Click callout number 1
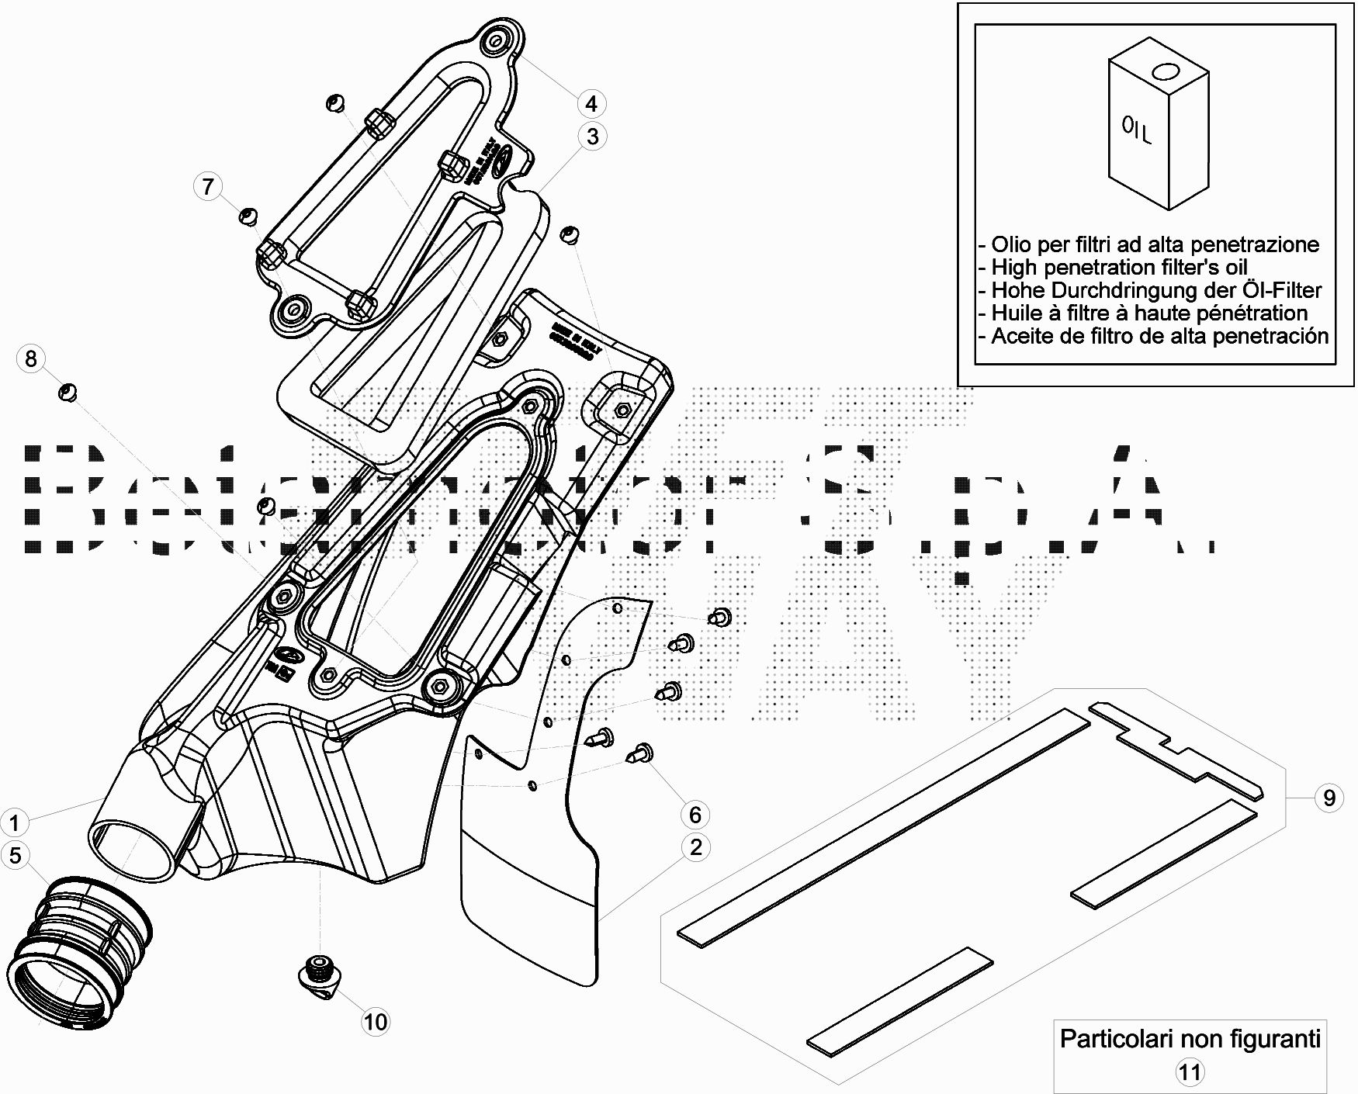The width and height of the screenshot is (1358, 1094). pyautogui.click(x=14, y=822)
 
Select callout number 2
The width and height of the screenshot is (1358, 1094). pyautogui.click(x=695, y=846)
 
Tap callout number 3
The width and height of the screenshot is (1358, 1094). pyautogui.click(x=593, y=137)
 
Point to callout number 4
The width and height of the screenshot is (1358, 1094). pyautogui.click(x=591, y=103)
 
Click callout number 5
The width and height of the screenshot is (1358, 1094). pyautogui.click(x=15, y=855)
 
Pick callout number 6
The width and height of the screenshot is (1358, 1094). pyautogui.click(x=695, y=815)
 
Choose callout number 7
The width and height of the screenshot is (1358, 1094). pyautogui.click(x=208, y=186)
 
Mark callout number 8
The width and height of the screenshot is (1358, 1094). pyautogui.click(x=31, y=358)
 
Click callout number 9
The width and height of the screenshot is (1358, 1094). pyautogui.click(x=1329, y=798)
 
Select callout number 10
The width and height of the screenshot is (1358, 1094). pyautogui.click(x=376, y=1022)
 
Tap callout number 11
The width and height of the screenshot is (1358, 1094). pyautogui.click(x=1190, y=1072)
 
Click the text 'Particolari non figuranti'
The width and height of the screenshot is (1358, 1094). pyautogui.click(x=1190, y=1038)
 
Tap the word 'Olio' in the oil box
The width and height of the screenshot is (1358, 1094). pyautogui.click(x=1011, y=244)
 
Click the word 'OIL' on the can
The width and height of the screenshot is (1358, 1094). pyautogui.click(x=1138, y=130)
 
